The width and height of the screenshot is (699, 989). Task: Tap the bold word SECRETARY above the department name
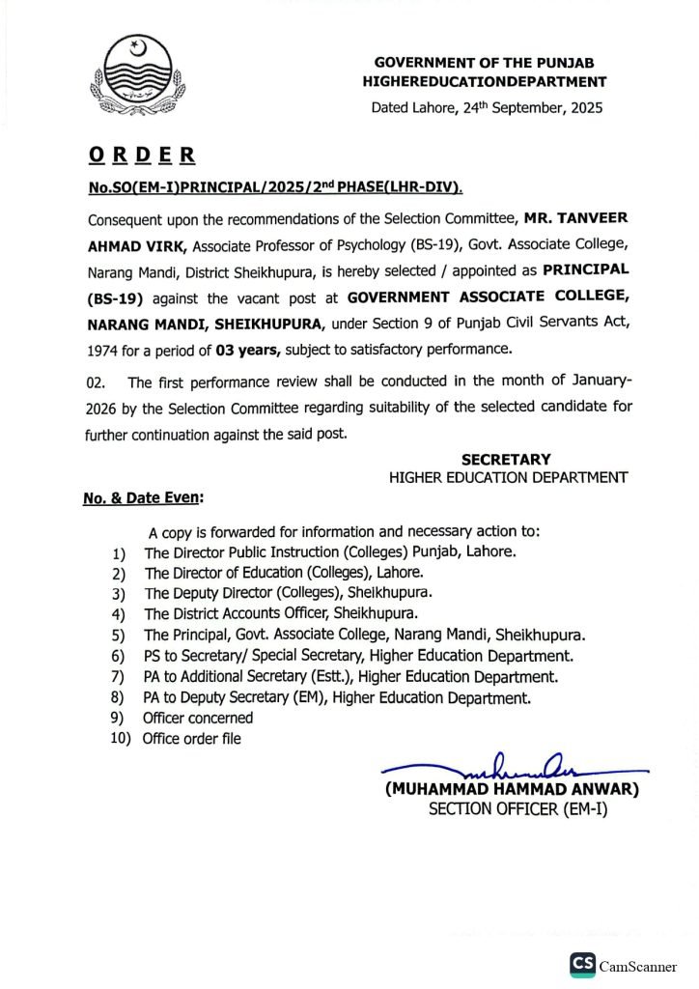506,460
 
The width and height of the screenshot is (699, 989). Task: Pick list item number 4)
119,613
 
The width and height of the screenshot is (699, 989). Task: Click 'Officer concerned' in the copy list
198,718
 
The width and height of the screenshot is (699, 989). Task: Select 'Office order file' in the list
192,739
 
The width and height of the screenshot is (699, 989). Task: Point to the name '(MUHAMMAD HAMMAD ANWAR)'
513,789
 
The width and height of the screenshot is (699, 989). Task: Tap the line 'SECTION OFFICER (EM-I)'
517,809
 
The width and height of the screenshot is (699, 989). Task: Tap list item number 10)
122,739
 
